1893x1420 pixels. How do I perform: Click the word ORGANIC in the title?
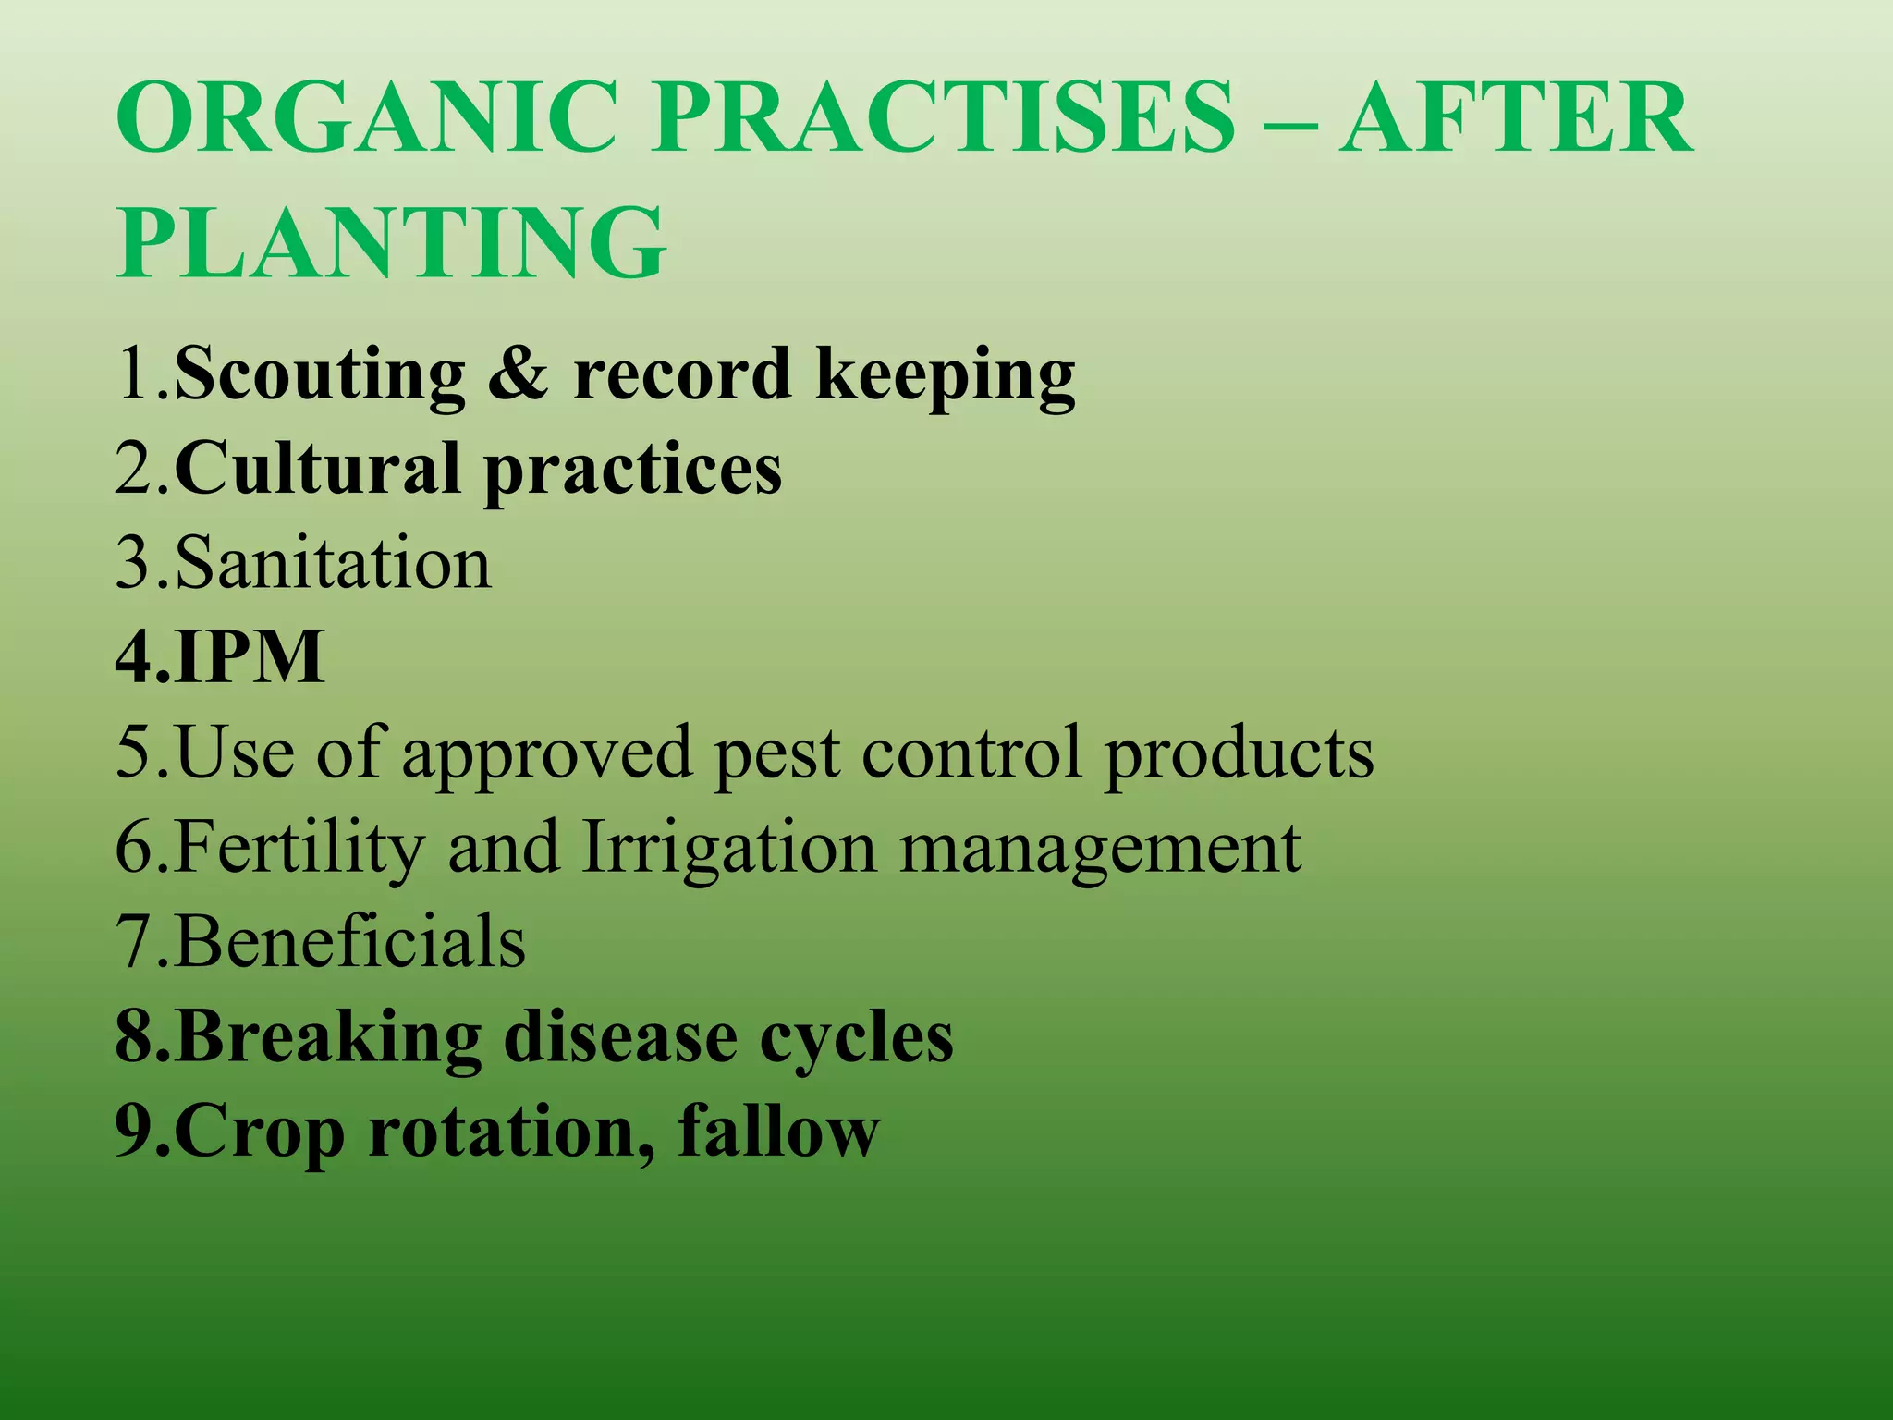coord(366,118)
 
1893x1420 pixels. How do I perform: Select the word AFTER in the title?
coord(1516,118)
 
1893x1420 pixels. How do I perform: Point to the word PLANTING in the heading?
coord(390,242)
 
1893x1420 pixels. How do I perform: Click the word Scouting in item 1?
coord(320,374)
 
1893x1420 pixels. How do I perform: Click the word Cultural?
coord(317,469)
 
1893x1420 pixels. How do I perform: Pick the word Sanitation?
coord(333,563)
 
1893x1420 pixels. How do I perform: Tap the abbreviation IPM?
coord(250,657)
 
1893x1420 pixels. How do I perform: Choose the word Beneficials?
coord(349,942)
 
